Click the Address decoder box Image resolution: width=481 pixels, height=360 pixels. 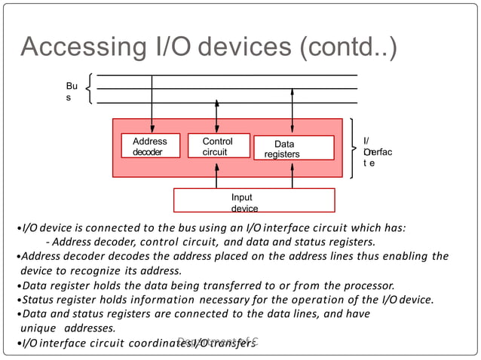click(x=150, y=146)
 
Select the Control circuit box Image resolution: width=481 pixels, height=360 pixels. click(x=217, y=146)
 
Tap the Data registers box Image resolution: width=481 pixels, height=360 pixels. click(x=293, y=148)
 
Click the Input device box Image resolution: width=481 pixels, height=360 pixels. click(x=254, y=200)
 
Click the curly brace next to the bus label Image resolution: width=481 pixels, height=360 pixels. click(x=90, y=89)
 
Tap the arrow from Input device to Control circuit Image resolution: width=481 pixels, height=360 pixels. click(x=217, y=174)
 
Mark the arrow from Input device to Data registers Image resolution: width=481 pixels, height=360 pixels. click(x=293, y=174)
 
